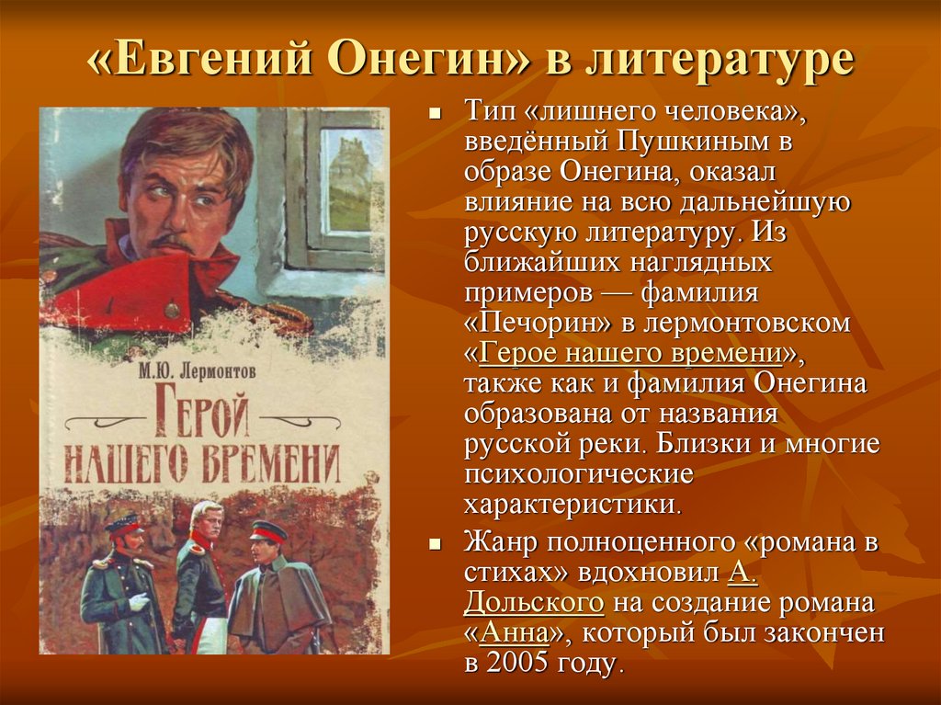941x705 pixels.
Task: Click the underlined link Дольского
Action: click(535, 603)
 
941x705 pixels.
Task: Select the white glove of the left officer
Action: click(140, 601)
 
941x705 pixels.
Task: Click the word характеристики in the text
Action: click(573, 505)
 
